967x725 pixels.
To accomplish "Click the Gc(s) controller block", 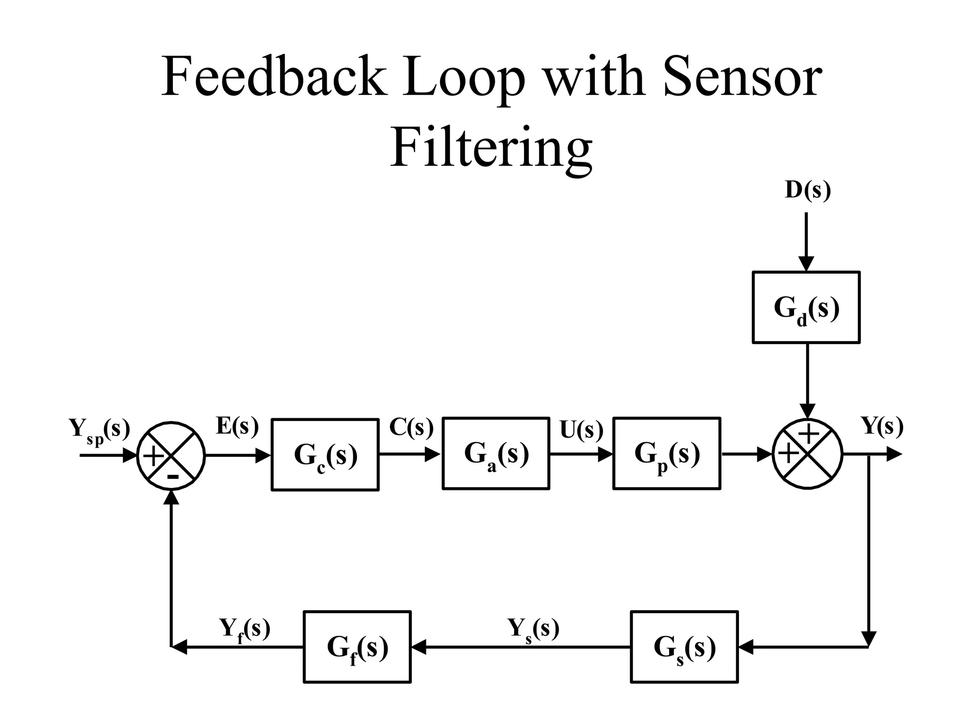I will point(325,455).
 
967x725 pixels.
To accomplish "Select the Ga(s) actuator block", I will point(496,454).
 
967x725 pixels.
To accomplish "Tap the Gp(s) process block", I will point(667,454).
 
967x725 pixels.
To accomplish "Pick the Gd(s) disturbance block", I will point(806,307).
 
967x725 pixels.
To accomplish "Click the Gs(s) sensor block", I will point(684,647).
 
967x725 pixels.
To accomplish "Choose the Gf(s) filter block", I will point(357,647).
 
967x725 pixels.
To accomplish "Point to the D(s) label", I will point(807,190).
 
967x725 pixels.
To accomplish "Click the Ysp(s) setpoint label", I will point(99,430).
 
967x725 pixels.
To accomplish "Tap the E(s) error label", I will point(237,426).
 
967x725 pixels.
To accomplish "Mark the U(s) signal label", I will point(581,430).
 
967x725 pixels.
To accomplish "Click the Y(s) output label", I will point(882,426).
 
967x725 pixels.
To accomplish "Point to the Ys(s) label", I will point(533,629).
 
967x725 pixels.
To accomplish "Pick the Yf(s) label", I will point(245,629).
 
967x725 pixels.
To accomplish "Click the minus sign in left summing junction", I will point(173,477).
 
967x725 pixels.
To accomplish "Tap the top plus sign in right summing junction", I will point(808,433).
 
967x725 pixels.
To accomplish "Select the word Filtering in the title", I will point(491,148).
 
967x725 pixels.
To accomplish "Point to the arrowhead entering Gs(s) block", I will point(746,647).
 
